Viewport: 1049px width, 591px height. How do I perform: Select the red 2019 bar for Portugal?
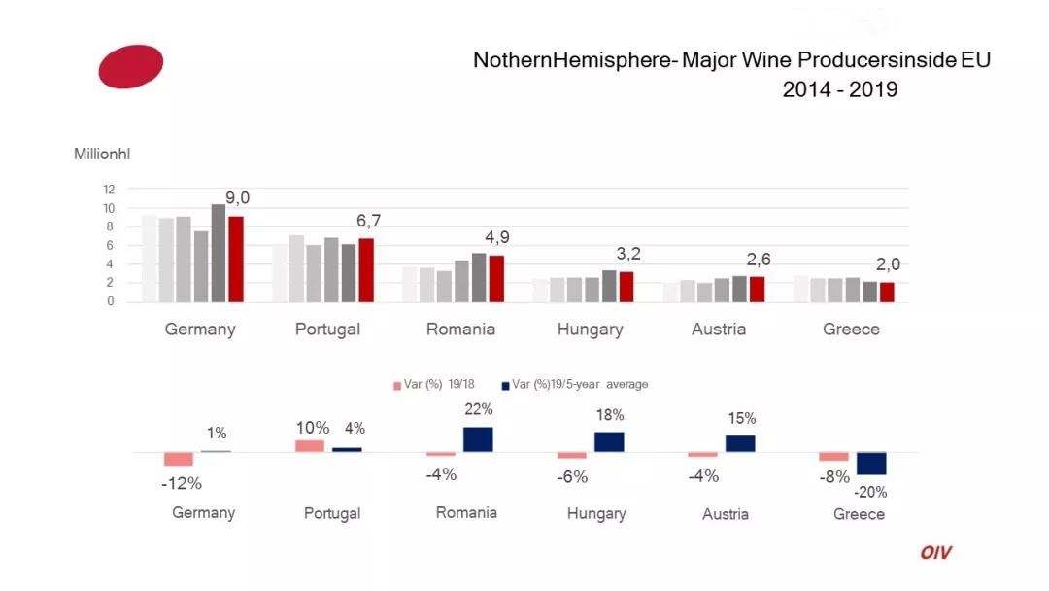(x=366, y=270)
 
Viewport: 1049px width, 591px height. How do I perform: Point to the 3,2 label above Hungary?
(x=628, y=254)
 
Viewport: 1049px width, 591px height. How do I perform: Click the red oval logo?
(x=131, y=66)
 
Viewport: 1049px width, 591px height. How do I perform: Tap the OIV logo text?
(x=936, y=553)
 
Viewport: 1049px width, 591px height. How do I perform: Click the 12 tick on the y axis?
(x=109, y=189)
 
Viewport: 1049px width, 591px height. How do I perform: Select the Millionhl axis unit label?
(x=102, y=155)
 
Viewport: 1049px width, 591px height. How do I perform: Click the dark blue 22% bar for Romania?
(x=478, y=439)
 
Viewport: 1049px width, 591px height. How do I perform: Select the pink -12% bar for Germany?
(x=179, y=459)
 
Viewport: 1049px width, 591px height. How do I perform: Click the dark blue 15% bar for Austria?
(x=740, y=443)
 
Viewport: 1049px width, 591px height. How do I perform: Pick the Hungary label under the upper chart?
(x=590, y=330)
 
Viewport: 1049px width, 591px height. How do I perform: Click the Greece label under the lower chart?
(x=859, y=514)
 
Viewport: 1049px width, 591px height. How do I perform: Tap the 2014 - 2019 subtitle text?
(x=839, y=89)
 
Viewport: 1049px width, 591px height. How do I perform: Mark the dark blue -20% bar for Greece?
(x=871, y=463)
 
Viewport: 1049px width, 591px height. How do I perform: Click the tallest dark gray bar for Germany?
(x=219, y=253)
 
